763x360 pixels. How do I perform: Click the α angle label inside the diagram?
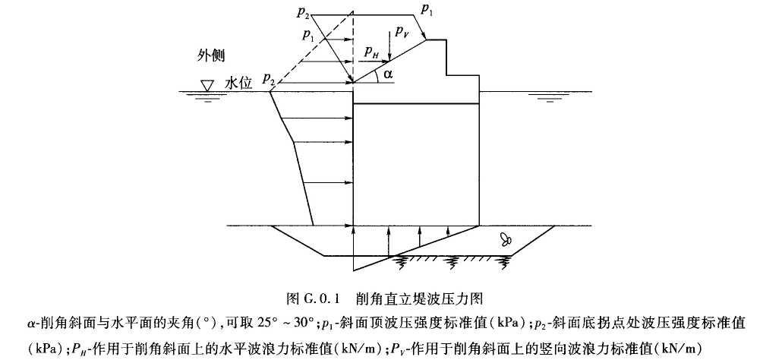click(389, 74)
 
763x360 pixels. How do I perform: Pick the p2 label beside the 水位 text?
click(267, 79)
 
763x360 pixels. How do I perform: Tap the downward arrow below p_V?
click(389, 50)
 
